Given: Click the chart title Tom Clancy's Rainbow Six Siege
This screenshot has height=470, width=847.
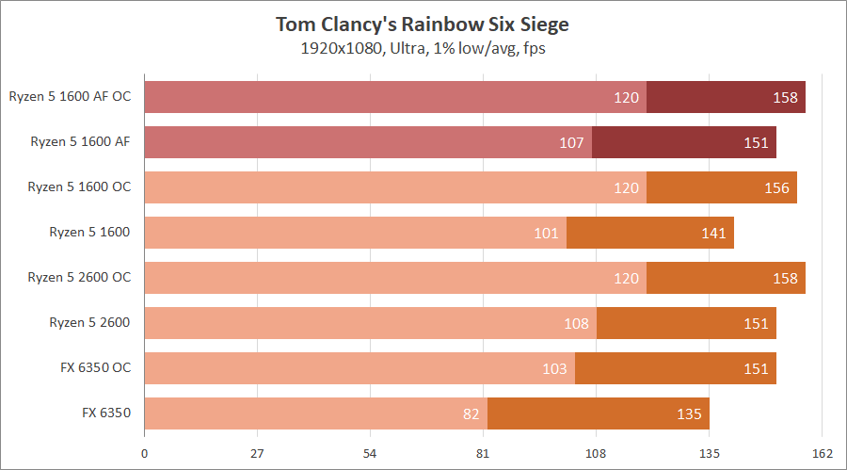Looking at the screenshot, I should pyautogui.click(x=423, y=23).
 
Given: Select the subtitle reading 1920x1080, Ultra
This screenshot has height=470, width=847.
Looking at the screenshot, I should pyautogui.click(x=423, y=48).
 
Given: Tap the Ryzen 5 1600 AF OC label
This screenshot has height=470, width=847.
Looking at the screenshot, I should pyautogui.click(x=70, y=97).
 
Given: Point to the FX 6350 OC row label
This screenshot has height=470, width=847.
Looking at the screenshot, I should pyautogui.click(x=92, y=367).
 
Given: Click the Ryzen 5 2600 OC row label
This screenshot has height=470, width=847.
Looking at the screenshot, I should pyautogui.click(x=79, y=277).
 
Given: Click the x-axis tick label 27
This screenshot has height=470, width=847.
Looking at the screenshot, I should pyautogui.click(x=257, y=453).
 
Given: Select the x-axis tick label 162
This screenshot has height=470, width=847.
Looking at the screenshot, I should pyautogui.click(x=823, y=453).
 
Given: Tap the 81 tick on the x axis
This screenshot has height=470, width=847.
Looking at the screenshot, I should pyautogui.click(x=484, y=453).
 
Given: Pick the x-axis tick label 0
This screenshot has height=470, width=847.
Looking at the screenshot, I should pyautogui.click(x=144, y=453).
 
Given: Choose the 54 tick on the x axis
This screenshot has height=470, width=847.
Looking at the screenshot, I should pyautogui.click(x=370, y=453).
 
